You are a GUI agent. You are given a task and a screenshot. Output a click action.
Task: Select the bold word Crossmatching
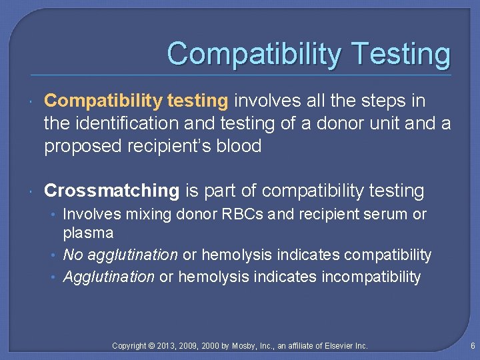coord(111,191)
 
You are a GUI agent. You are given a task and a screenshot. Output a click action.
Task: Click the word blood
coord(238,146)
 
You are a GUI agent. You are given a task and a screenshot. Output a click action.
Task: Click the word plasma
coord(88,233)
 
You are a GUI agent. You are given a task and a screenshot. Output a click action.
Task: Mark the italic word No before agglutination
coord(72,255)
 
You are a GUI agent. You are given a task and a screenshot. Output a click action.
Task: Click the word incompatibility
coord(371,277)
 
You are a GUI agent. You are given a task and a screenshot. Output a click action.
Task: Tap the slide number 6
coord(472,345)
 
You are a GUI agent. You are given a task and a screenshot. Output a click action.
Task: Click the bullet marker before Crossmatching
coord(32,192)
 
